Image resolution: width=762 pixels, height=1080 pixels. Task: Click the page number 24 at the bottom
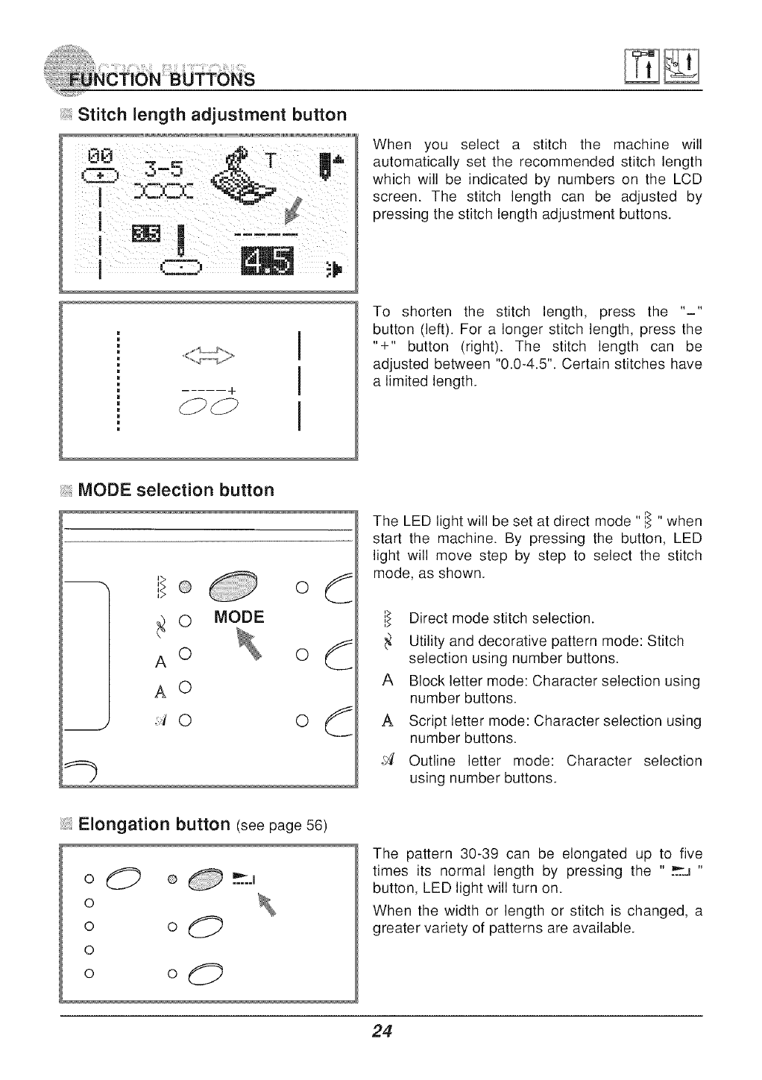click(x=382, y=1032)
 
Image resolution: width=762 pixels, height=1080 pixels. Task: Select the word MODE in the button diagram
click(x=239, y=617)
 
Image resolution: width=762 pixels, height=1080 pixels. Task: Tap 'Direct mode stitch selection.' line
click(x=502, y=618)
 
